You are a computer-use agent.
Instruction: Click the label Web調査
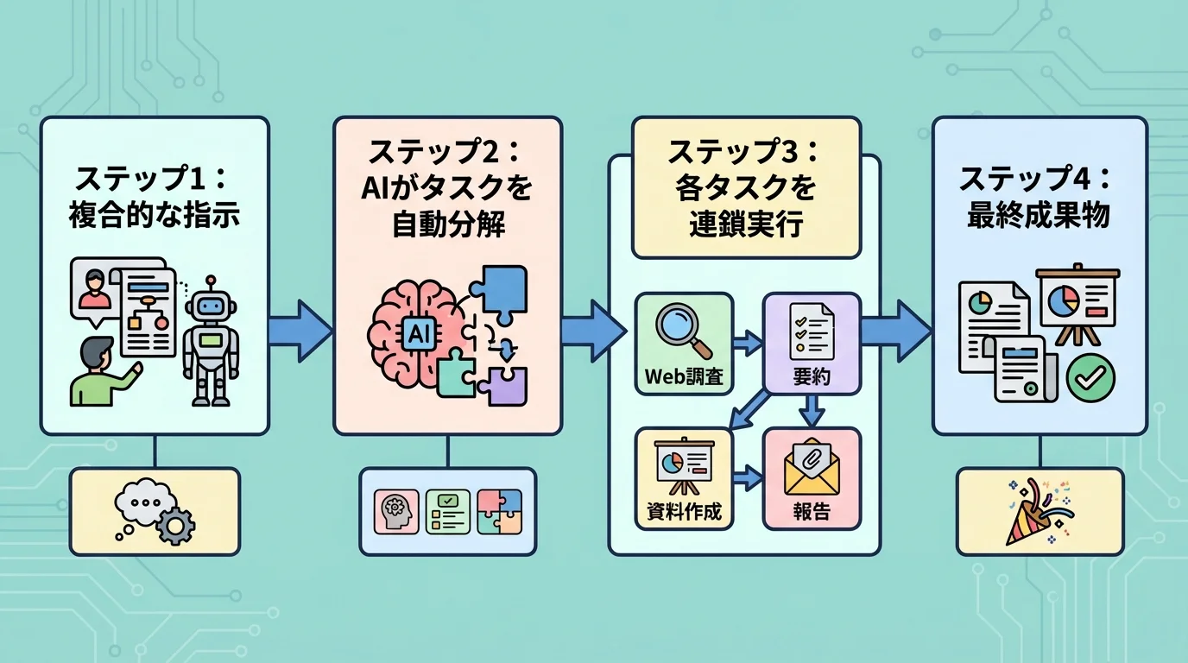683,377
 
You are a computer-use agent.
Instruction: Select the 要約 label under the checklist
811,377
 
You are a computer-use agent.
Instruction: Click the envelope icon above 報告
811,468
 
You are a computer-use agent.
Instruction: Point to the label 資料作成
683,511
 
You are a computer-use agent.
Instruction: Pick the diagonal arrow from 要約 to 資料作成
750,410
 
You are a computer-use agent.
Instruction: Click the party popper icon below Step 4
1038,512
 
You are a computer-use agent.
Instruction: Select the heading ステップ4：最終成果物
1039,198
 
